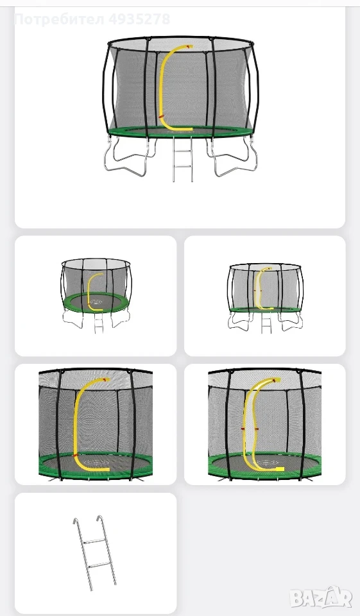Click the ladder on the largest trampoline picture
coord(183,159)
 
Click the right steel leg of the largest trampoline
coord(232,157)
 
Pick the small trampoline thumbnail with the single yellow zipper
coord(96,295)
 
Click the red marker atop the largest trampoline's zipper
coord(190,47)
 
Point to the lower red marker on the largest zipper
coord(161,117)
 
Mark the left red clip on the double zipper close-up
coord(244,429)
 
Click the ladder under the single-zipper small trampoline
coord(98,322)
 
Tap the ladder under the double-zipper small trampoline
coord(266,323)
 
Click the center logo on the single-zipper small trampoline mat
coord(96,302)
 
